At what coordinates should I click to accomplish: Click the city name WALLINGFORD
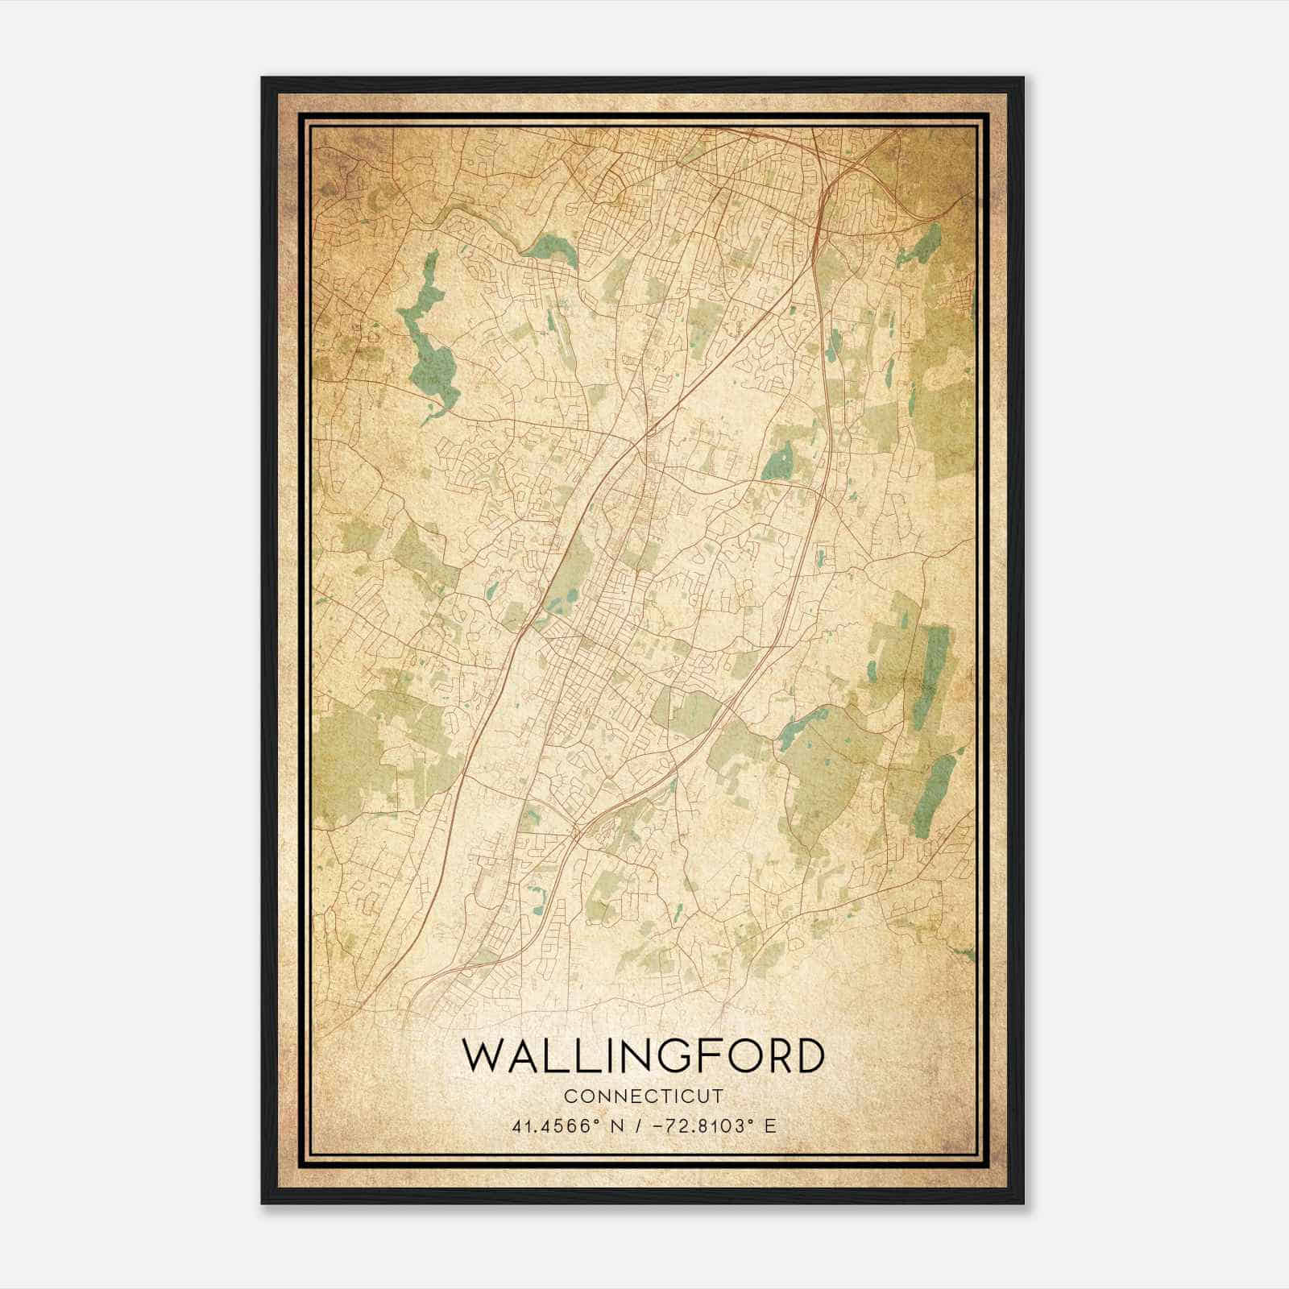(x=644, y=1055)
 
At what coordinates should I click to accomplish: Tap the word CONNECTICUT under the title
(x=644, y=1096)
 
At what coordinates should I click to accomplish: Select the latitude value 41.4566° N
(x=569, y=1125)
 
